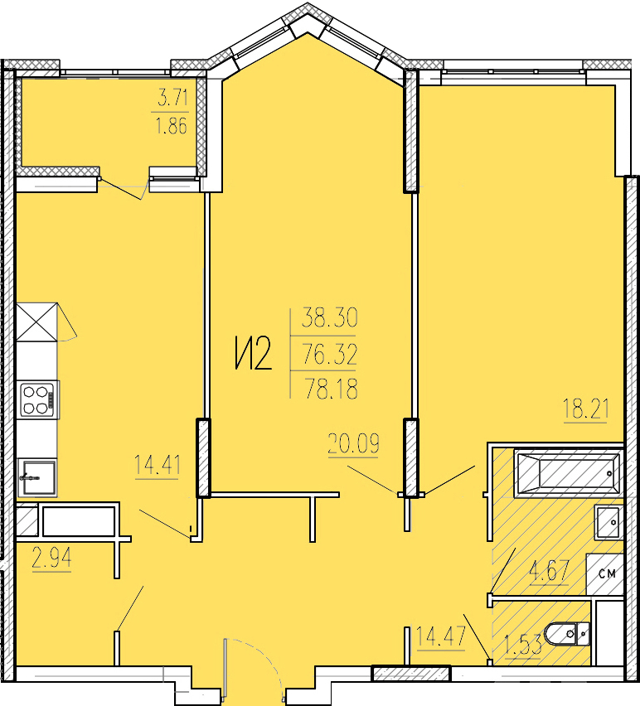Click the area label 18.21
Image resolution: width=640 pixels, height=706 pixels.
pyautogui.click(x=586, y=409)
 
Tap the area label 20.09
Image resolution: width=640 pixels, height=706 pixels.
pyautogui.click(x=353, y=443)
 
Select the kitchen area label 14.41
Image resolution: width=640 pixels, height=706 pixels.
pyautogui.click(x=158, y=465)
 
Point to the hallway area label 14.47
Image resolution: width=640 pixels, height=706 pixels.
pyautogui.click(x=440, y=636)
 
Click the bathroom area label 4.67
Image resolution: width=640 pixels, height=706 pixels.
pyautogui.click(x=550, y=571)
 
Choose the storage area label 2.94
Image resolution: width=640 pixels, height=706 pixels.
pyautogui.click(x=51, y=559)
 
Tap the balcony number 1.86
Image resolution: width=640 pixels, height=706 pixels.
pyautogui.click(x=171, y=126)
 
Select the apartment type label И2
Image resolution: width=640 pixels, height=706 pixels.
pyautogui.click(x=254, y=354)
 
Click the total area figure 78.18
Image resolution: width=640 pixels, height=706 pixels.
pyautogui.click(x=332, y=389)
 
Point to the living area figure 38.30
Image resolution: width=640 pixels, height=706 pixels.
pyautogui.click(x=330, y=317)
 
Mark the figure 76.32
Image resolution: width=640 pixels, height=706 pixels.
pyautogui.click(x=330, y=354)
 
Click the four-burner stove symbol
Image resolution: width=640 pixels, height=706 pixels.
pyautogui.click(x=38, y=400)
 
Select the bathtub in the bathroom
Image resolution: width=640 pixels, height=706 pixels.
pyautogui.click(x=569, y=473)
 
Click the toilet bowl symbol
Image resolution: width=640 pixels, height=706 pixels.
pyautogui.click(x=567, y=634)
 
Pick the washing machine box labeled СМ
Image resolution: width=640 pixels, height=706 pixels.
pyautogui.click(x=604, y=574)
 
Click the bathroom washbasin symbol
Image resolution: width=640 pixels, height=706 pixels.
pyautogui.click(x=609, y=522)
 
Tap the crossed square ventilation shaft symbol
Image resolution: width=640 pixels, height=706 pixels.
pyautogui.click(x=37, y=322)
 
